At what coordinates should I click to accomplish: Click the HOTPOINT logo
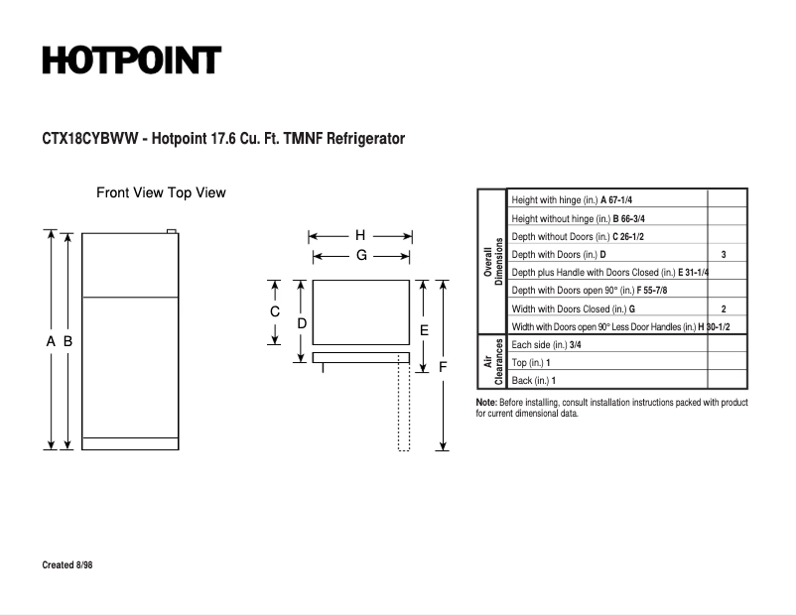[131, 61]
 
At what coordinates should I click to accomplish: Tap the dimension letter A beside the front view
[51, 341]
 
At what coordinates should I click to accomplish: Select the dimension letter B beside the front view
[67, 341]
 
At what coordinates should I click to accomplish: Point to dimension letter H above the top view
[360, 236]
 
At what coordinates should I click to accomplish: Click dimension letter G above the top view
[361, 255]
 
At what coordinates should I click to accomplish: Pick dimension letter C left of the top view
[275, 311]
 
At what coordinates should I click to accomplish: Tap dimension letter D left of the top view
[301, 323]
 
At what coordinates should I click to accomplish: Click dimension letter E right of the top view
[424, 329]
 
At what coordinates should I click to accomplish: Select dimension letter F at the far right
[443, 367]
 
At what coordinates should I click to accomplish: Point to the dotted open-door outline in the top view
[404, 407]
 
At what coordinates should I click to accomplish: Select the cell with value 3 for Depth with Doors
[724, 255]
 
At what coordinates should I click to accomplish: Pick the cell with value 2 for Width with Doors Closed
[724, 309]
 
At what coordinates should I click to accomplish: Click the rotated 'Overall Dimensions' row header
[493, 262]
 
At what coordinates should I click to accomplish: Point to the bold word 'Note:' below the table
[486, 403]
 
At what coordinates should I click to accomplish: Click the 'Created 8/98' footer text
[67, 565]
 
